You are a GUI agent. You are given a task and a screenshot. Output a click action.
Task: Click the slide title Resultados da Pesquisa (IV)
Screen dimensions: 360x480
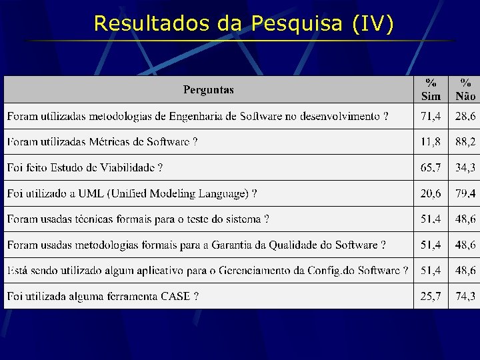pos(244,23)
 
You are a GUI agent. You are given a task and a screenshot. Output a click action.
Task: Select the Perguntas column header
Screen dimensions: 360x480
pos(209,89)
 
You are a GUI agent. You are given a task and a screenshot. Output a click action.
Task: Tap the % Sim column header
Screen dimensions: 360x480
pos(431,89)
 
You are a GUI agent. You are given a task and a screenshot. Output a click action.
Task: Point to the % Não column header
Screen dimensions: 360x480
pos(465,89)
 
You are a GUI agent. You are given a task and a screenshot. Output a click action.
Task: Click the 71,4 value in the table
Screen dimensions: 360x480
pos(431,117)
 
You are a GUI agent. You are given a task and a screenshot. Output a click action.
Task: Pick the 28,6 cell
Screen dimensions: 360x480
pos(465,117)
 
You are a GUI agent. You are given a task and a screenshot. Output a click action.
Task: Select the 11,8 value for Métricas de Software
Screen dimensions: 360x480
pos(431,142)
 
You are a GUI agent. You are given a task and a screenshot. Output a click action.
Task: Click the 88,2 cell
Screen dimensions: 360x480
pos(465,142)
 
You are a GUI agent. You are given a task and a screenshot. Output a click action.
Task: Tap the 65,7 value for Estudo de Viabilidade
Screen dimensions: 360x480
pos(431,168)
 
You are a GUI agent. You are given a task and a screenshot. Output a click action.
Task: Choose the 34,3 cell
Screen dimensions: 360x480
pos(465,168)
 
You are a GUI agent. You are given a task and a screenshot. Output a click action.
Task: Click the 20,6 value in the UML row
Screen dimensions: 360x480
pos(431,193)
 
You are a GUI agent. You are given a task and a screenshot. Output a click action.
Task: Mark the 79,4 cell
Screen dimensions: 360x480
pos(465,193)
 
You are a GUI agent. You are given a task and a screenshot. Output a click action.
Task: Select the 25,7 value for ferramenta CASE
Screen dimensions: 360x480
pos(431,296)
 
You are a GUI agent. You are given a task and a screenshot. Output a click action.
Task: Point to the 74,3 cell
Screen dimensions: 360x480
pos(465,296)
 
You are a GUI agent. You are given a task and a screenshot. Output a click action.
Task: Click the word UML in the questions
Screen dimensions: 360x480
pos(91,193)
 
